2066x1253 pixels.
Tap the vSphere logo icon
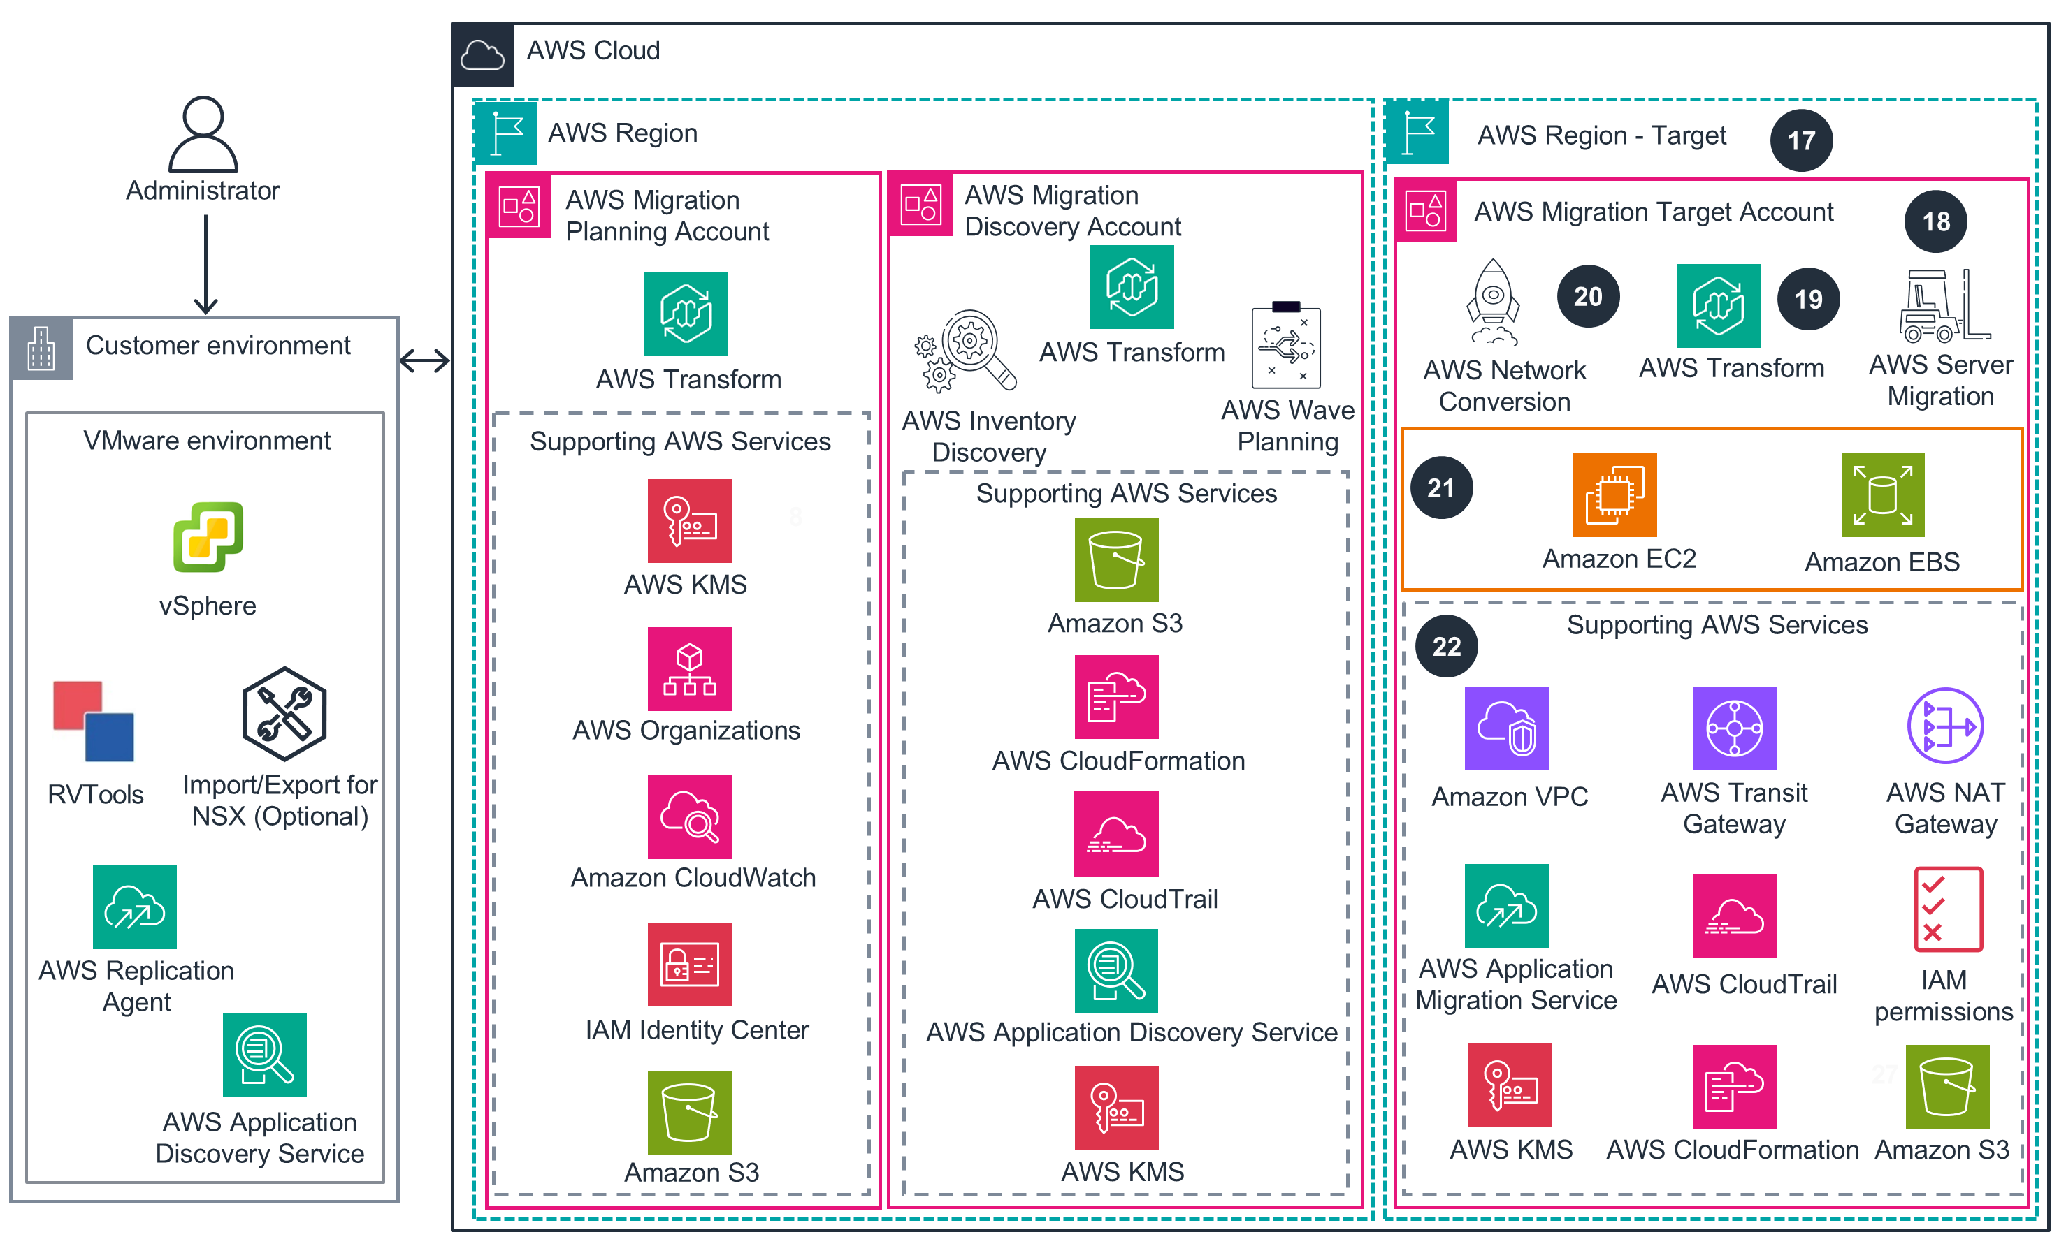(208, 537)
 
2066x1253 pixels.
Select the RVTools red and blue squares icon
(93, 721)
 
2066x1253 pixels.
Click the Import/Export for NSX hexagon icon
(284, 714)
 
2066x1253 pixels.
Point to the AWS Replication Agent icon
(135, 907)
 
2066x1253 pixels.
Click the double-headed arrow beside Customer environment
(425, 361)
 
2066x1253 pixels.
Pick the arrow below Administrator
(205, 264)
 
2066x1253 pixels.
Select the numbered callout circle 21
(1441, 488)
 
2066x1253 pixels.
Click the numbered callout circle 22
(1446, 646)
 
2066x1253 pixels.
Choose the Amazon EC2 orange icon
(1614, 495)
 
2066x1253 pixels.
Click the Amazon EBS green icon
(1882, 495)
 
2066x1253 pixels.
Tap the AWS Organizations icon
(689, 669)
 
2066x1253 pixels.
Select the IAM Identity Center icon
(689, 965)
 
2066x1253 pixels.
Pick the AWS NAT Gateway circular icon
(1945, 726)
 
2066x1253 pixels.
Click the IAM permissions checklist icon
(1948, 909)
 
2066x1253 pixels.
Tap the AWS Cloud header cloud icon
(483, 55)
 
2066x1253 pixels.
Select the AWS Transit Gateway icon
(1734, 728)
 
